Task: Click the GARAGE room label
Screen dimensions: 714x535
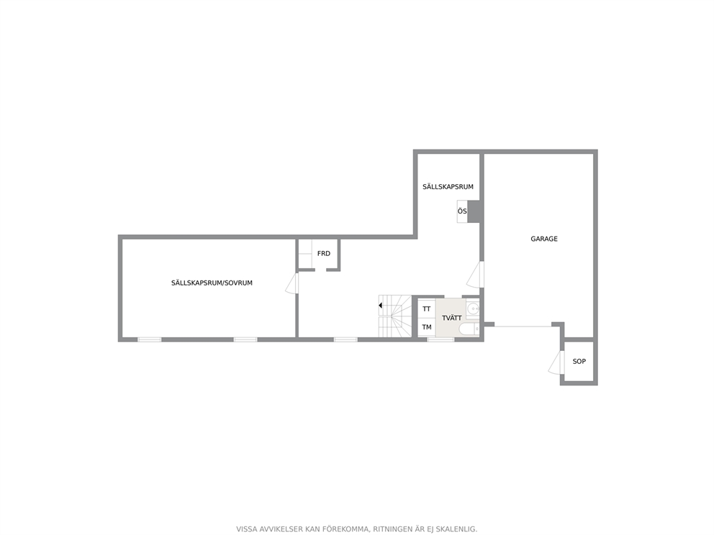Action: (x=543, y=239)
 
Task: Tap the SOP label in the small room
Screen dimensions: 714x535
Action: (x=579, y=362)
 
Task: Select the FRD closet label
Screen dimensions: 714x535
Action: (x=324, y=254)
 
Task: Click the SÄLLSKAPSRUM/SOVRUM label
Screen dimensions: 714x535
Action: (x=212, y=283)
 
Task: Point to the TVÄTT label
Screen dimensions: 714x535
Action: (x=452, y=319)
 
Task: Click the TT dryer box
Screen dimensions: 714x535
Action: (x=427, y=308)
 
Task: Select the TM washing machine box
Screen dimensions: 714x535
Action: (x=427, y=327)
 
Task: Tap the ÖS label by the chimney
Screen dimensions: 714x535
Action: (x=462, y=211)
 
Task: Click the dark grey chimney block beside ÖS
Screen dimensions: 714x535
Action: (x=474, y=212)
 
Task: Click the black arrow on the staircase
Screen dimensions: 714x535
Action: (x=380, y=306)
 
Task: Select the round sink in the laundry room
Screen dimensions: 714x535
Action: (x=474, y=309)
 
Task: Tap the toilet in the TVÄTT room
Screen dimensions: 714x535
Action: (x=469, y=329)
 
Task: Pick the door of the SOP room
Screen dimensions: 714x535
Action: (x=556, y=362)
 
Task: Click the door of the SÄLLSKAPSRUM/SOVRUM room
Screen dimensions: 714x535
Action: (x=292, y=283)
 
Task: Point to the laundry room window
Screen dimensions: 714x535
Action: (x=440, y=339)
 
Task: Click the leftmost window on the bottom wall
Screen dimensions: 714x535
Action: (x=150, y=339)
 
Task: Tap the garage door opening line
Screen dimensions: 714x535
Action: (x=523, y=326)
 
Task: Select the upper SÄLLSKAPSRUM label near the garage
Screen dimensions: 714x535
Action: (x=448, y=187)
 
